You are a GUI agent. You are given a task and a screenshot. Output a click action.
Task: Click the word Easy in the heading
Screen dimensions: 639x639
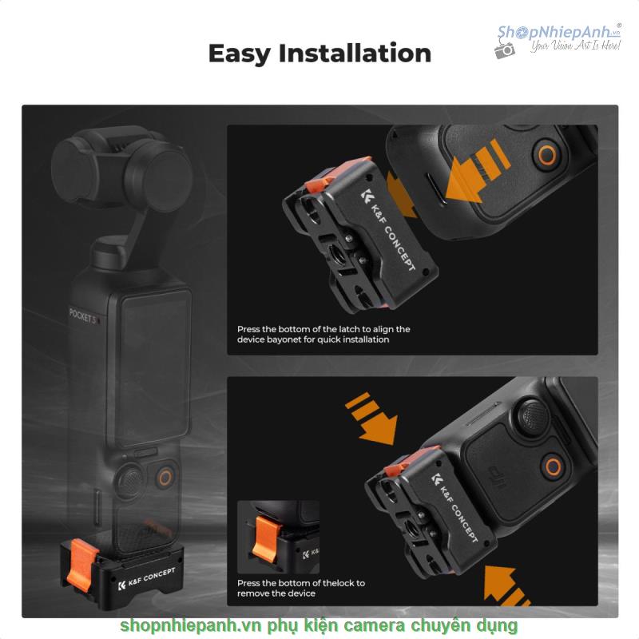pos(239,54)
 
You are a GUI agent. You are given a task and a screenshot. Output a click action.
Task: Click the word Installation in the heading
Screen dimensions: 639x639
pos(355,53)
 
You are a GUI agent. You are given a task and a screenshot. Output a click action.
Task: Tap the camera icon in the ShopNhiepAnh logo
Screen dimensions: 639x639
pos(505,50)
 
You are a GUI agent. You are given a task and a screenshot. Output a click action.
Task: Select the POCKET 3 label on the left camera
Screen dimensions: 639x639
pos(83,316)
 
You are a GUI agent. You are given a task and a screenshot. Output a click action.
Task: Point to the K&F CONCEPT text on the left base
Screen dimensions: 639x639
pos(147,577)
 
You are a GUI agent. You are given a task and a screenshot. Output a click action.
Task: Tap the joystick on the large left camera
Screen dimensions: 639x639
pos(129,480)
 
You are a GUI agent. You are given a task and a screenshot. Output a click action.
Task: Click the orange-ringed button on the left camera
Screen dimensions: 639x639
pos(165,477)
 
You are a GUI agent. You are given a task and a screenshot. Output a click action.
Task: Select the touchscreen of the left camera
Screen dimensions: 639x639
pos(155,367)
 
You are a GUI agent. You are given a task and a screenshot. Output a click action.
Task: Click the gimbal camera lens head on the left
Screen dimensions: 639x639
pos(122,171)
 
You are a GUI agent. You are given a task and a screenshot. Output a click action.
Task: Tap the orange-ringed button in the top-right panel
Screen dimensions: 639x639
pos(547,155)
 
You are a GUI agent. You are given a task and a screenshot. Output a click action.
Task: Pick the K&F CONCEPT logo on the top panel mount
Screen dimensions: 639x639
pos(388,231)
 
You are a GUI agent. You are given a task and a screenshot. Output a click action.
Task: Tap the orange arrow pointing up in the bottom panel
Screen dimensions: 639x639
pos(506,586)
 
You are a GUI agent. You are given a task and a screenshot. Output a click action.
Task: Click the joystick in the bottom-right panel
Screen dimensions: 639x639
pos(534,416)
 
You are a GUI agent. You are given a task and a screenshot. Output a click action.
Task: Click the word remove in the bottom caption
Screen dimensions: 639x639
pos(253,593)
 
